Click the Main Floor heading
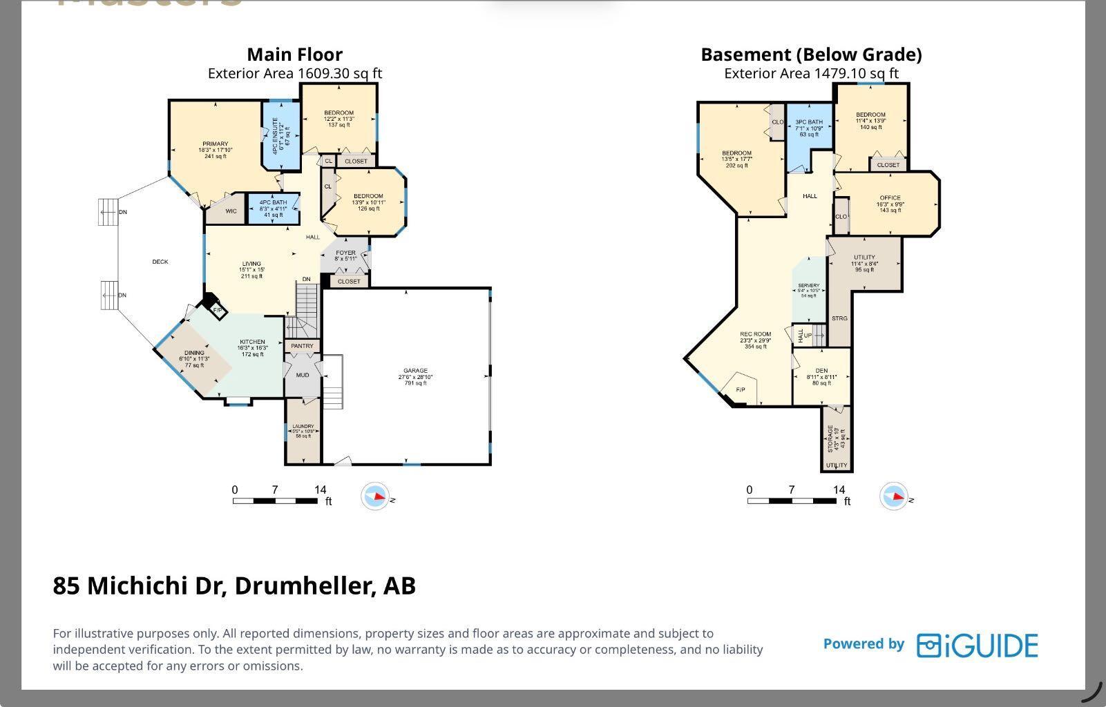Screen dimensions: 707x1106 pos(294,55)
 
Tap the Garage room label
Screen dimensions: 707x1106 pos(415,371)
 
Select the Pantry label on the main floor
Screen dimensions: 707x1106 pos(302,346)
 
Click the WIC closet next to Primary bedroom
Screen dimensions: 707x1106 pos(231,211)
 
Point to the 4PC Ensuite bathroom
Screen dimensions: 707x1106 pos(280,135)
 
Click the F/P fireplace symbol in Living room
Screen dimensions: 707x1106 pos(217,310)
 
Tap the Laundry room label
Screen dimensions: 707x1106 pos(303,427)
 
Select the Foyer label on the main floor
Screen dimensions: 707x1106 pos(345,253)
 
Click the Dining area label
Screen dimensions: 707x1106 pos(194,353)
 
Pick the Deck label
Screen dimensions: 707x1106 pos(160,262)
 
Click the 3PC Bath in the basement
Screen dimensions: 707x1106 pos(809,122)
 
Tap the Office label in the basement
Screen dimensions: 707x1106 pos(890,198)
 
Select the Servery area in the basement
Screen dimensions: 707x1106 pos(808,286)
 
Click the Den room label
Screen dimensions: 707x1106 pos(821,371)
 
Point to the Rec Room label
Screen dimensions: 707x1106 pos(755,334)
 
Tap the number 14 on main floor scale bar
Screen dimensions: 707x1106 pos(320,490)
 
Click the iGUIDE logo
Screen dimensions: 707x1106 pos(977,645)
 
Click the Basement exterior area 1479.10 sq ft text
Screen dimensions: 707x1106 pos(811,73)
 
